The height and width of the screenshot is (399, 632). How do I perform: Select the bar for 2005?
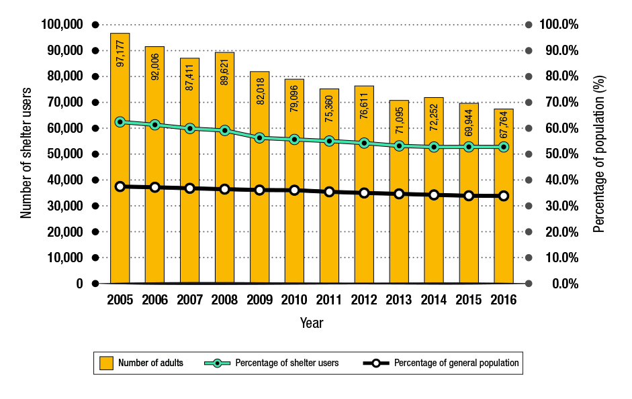pyautogui.click(x=120, y=201)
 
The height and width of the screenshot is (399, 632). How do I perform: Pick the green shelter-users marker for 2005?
pyautogui.click(x=120, y=122)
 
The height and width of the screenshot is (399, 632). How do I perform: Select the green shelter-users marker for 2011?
pyautogui.click(x=329, y=141)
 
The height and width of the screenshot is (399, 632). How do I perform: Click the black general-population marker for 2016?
pyautogui.click(x=504, y=196)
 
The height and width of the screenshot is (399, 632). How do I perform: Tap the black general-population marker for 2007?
pyautogui.click(x=190, y=188)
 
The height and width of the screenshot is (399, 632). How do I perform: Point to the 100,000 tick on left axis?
pyautogui.click(x=62, y=25)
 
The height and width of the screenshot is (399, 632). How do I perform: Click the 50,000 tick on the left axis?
pyautogui.click(x=64, y=154)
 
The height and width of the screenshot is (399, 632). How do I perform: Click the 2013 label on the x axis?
pyautogui.click(x=399, y=300)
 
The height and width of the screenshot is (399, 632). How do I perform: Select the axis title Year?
pyautogui.click(x=312, y=323)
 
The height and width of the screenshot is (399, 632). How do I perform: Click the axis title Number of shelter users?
pyautogui.click(x=27, y=154)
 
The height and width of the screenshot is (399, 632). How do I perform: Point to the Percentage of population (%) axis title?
pyautogui.click(x=599, y=154)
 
